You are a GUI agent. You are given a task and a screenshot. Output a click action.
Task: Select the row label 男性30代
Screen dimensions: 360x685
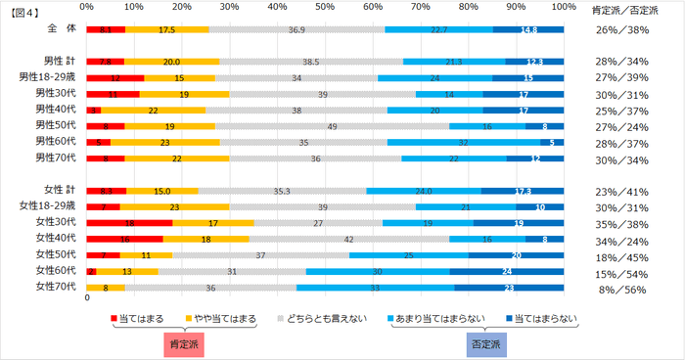point(55,93)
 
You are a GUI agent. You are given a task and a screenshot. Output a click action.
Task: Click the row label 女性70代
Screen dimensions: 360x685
point(55,287)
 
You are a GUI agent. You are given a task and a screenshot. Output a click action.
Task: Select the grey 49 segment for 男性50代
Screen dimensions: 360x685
point(332,125)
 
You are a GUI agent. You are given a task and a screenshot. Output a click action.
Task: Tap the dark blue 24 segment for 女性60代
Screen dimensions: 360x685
point(507,270)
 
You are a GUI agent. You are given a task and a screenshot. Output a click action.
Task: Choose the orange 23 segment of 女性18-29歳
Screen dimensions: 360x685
point(174,205)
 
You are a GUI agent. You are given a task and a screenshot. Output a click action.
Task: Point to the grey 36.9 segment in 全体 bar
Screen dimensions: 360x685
point(297,29)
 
